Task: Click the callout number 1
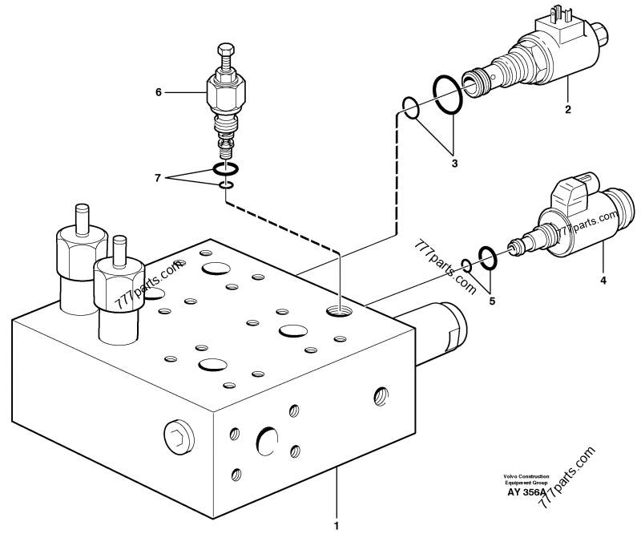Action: click(x=337, y=527)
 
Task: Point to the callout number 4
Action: click(x=603, y=280)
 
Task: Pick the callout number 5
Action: click(x=493, y=301)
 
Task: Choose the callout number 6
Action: click(x=159, y=92)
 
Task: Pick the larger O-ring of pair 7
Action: click(x=225, y=169)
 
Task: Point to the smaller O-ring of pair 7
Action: click(x=227, y=187)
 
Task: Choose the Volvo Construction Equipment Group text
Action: click(x=526, y=479)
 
